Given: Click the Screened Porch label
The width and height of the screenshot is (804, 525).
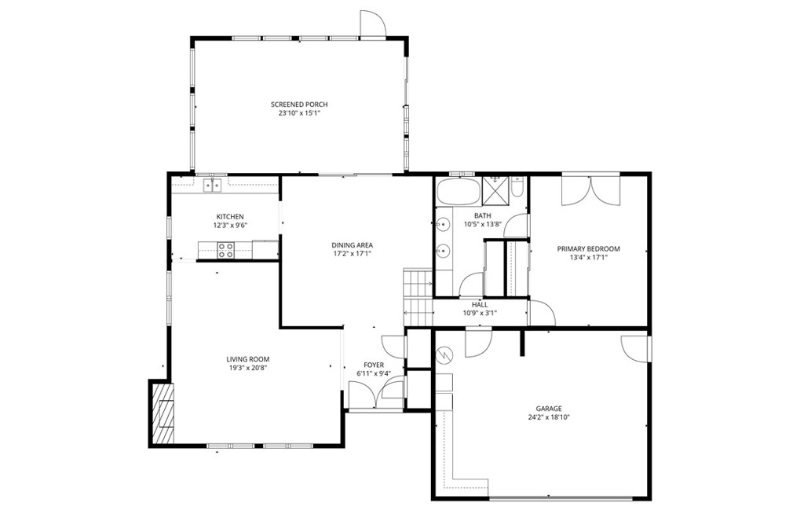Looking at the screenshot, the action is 299,105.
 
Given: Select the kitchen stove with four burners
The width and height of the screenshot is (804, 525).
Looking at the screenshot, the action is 225,250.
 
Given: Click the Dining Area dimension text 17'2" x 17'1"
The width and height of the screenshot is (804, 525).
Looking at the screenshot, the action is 352,253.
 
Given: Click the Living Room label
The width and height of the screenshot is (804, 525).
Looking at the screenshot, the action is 247,359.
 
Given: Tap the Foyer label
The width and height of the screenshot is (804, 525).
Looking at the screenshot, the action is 374,365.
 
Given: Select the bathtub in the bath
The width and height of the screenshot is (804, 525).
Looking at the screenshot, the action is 459,192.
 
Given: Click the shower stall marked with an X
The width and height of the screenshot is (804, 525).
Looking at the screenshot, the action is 496,192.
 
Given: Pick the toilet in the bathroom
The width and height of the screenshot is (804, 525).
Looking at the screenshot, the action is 517,189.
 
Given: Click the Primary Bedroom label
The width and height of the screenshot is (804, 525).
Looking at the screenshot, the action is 588,249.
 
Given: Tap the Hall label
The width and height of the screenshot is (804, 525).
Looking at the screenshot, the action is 480,305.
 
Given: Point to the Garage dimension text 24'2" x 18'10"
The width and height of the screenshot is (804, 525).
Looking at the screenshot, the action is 549,417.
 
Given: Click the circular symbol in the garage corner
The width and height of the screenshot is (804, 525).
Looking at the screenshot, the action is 444,354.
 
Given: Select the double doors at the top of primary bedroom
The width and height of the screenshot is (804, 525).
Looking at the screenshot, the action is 590,191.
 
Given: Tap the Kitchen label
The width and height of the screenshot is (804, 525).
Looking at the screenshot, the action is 230,217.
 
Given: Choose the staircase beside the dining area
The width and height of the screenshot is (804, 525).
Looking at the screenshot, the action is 418,296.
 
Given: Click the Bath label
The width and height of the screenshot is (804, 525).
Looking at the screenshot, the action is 482,215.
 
